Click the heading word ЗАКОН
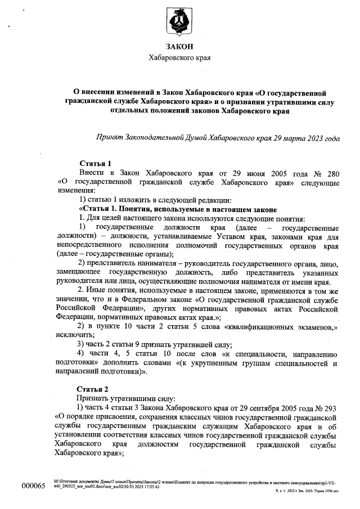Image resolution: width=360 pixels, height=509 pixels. point(179,47)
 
